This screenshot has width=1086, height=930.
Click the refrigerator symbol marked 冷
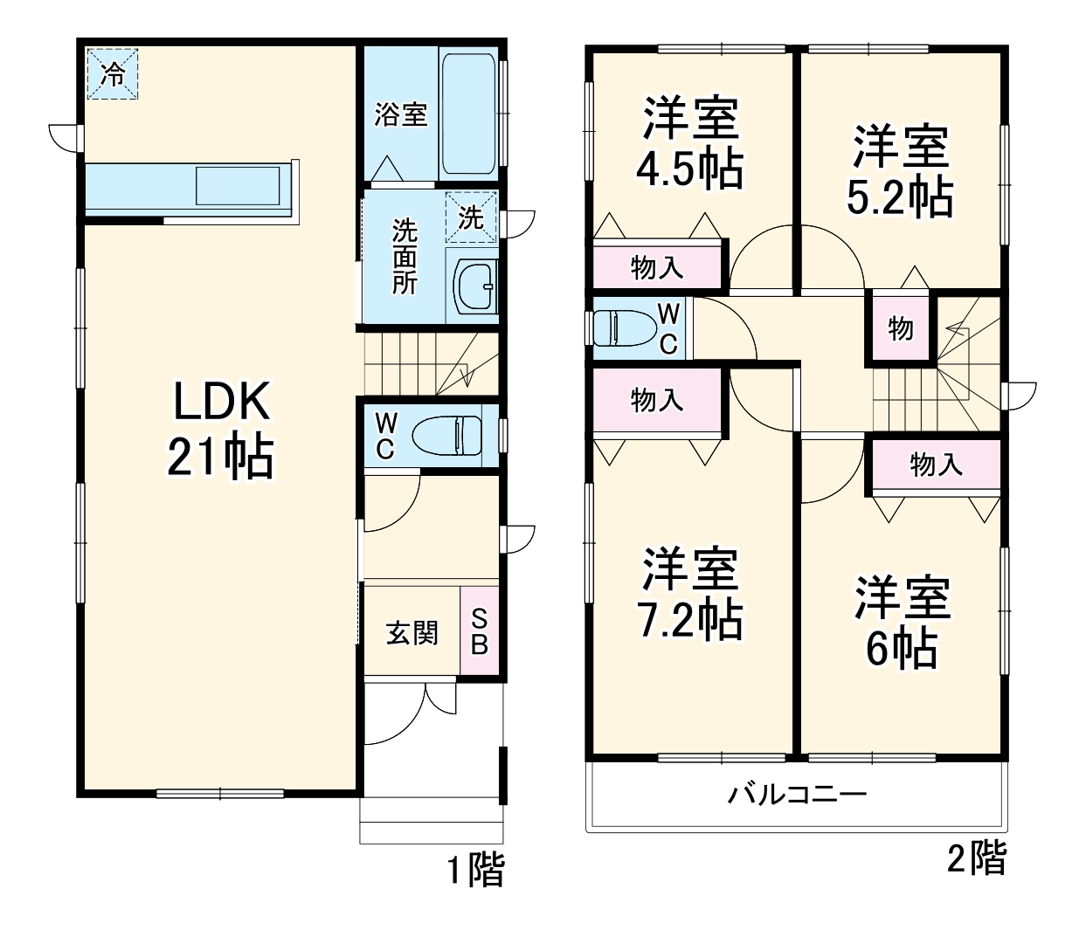pyautogui.click(x=112, y=73)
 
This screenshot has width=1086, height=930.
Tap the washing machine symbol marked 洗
pyautogui.click(x=471, y=217)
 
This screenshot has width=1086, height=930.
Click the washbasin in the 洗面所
pyautogui.click(x=473, y=284)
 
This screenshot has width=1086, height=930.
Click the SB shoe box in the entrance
pyautogui.click(x=480, y=630)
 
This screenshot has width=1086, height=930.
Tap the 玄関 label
pyautogui.click(x=412, y=631)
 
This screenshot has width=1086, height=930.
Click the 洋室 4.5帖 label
pyautogui.click(x=690, y=144)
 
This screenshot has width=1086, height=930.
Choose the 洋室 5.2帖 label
pyautogui.click(x=901, y=171)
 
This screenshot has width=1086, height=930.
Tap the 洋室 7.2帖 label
pyautogui.click(x=690, y=594)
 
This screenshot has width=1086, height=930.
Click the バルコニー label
pyautogui.click(x=798, y=795)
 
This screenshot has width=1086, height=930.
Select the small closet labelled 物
pyautogui.click(x=900, y=328)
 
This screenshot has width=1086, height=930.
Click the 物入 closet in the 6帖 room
pyautogui.click(x=936, y=465)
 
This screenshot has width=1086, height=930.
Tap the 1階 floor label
pyautogui.click(x=476, y=870)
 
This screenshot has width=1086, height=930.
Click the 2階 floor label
pyautogui.click(x=977, y=858)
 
